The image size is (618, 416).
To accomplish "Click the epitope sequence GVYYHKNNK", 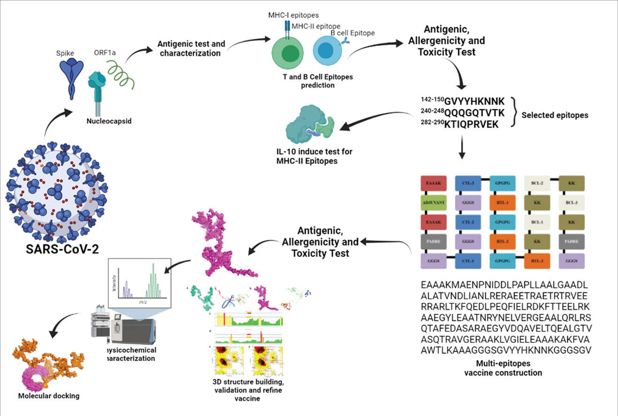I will (475, 101).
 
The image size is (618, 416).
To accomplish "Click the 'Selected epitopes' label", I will (555, 115).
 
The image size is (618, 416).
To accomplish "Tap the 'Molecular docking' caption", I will (49, 396).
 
